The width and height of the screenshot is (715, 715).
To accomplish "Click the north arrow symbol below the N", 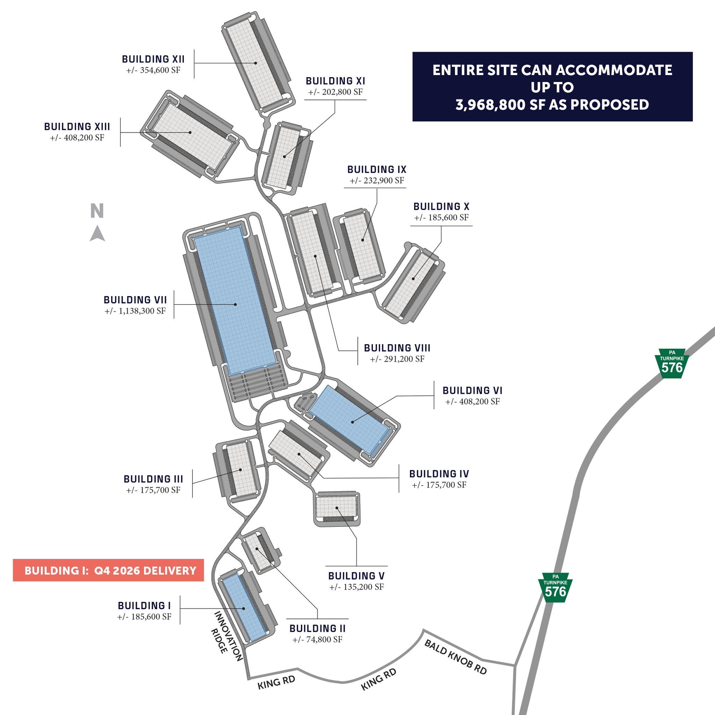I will (97, 234).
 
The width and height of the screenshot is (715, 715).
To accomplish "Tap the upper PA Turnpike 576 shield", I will (672, 363).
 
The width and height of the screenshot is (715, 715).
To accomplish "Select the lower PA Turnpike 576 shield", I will (555, 587).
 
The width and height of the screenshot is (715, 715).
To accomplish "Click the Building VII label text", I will (135, 300).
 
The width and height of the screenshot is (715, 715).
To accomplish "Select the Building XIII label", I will (77, 127).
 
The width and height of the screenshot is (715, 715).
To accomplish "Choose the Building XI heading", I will (335, 81).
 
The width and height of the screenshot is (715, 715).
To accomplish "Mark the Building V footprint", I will (337, 507).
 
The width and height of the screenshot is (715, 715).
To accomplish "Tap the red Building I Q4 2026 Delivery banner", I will (108, 570).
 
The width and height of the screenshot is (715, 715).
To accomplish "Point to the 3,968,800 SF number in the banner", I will (500, 105).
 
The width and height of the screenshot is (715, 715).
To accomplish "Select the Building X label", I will (441, 207).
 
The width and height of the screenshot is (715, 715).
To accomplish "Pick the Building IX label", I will (377, 169).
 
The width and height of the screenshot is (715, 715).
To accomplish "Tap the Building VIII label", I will (397, 348).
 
